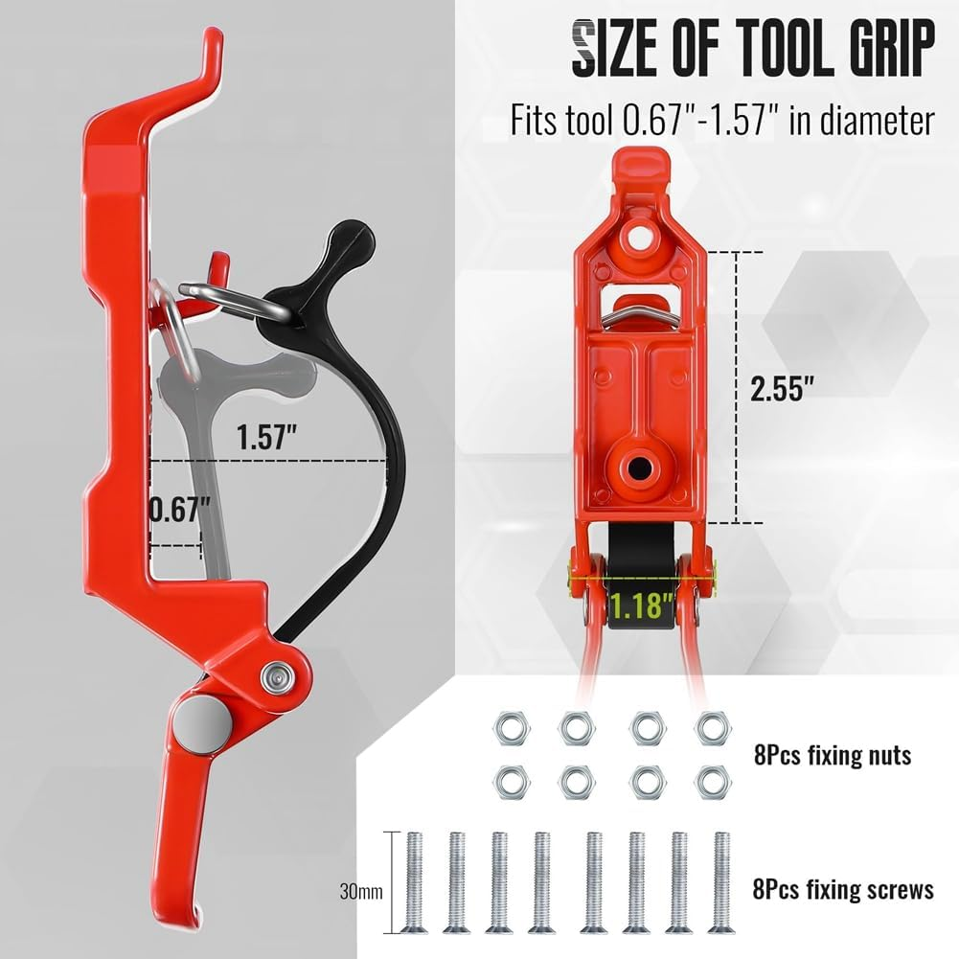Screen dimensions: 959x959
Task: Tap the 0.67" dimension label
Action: (x=178, y=508)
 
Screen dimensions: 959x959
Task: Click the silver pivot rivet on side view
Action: (x=275, y=676)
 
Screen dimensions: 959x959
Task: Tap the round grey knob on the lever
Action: (x=197, y=718)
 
